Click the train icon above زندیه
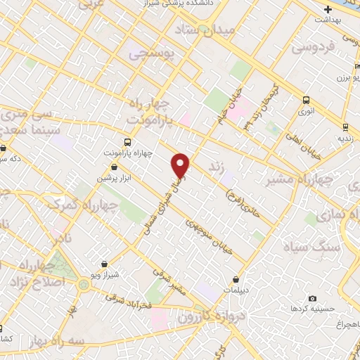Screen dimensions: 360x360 click(x=345, y=127)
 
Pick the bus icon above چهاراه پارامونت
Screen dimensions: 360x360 click(x=127, y=140)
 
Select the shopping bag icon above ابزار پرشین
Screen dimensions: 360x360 click(x=115, y=167)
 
